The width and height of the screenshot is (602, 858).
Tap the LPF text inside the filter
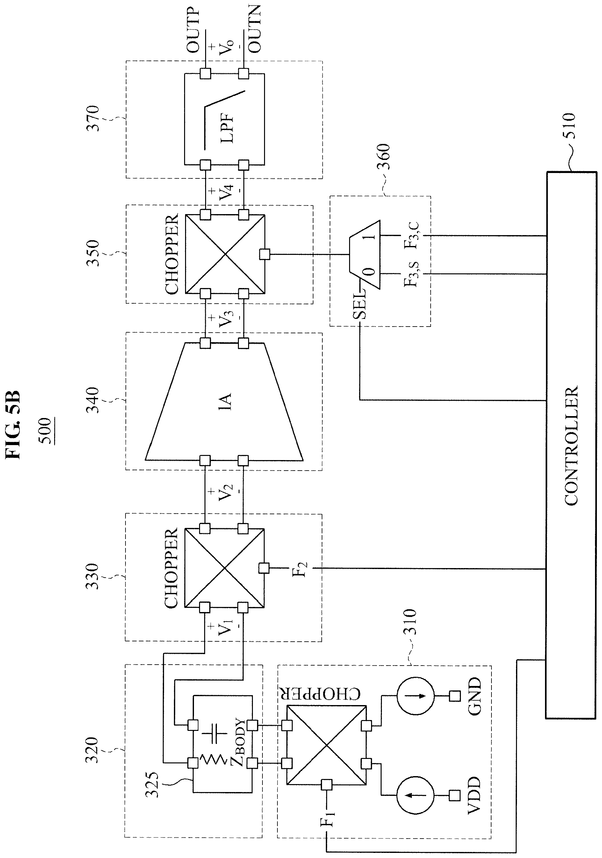(227, 128)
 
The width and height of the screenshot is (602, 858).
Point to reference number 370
(92, 119)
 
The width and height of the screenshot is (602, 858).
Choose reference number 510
(570, 126)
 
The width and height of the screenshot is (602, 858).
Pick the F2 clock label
(300, 568)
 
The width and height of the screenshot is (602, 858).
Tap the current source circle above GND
(415, 696)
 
